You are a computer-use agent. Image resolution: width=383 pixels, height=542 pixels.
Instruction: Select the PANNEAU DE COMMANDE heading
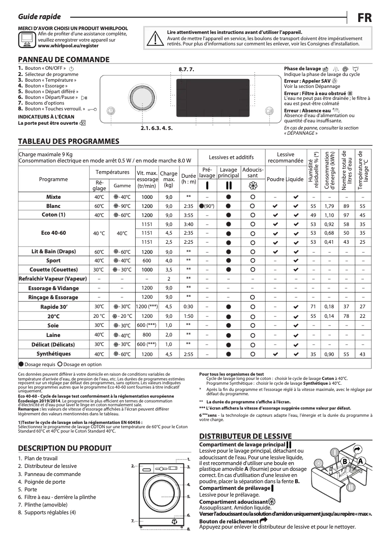click(x=64, y=60)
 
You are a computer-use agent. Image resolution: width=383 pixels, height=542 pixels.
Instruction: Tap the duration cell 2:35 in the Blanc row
click(x=189, y=206)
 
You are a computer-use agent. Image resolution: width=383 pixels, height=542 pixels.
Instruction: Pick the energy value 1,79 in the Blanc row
click(x=329, y=206)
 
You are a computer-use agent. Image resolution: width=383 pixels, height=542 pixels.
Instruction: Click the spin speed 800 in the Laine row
click(x=147, y=335)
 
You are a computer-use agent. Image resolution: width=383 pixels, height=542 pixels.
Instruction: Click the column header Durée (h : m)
click(x=189, y=179)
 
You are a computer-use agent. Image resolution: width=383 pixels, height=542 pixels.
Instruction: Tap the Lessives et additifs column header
click(x=231, y=157)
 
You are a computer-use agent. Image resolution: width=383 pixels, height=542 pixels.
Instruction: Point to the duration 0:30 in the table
click(x=189, y=306)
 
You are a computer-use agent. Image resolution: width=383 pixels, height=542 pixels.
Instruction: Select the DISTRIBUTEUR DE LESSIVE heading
click(x=245, y=436)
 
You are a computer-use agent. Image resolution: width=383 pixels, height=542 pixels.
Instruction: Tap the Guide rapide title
click(x=32, y=17)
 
